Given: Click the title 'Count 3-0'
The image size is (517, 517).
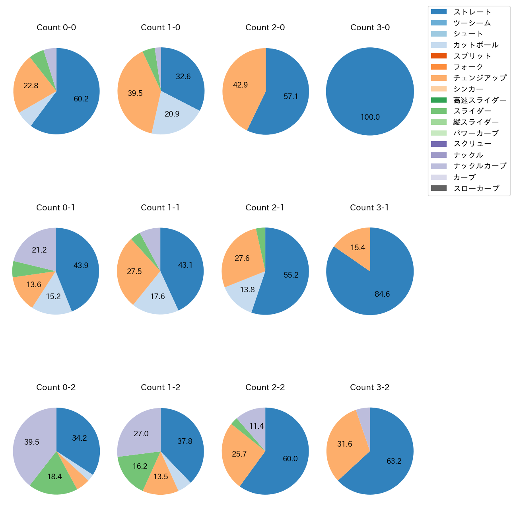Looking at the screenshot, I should click(370, 27).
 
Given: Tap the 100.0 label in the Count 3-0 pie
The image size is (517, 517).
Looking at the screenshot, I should click(370, 117).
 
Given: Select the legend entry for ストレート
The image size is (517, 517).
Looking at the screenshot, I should click(472, 12).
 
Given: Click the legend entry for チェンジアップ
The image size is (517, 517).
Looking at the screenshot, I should click(480, 78).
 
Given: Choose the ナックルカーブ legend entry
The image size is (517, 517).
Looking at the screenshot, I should click(480, 166).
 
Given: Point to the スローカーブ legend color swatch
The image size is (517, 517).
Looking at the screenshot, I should click(439, 188).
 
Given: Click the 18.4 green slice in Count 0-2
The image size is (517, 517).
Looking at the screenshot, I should click(54, 476).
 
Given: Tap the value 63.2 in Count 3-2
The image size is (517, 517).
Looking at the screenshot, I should click(394, 461).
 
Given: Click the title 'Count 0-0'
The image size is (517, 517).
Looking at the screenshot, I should click(56, 27).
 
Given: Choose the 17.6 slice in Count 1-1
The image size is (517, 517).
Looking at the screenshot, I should click(157, 298).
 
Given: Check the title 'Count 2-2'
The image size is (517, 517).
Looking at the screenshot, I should click(265, 387).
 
